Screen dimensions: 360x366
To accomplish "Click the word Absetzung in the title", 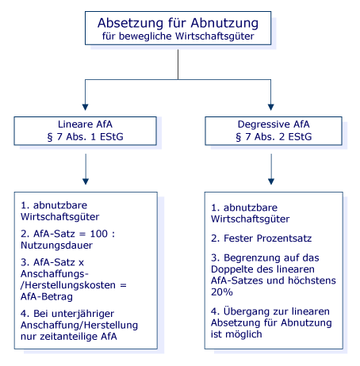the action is coord(130,23).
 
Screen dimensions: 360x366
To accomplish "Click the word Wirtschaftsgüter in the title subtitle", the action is coord(215,36).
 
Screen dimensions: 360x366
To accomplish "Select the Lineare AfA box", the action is coord(85,131).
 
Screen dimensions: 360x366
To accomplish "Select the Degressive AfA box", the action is coord(274,131).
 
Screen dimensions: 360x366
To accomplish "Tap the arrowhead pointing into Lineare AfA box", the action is coord(85,107).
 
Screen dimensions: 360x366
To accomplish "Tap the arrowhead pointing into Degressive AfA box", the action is coord(271,107).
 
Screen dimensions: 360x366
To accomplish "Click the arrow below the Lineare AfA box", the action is coord(86,170).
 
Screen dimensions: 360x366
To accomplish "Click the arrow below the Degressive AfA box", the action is coord(271,170).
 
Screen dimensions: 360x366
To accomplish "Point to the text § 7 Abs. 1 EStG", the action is coord(85,137).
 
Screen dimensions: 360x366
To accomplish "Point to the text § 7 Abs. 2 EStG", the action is coord(274,137).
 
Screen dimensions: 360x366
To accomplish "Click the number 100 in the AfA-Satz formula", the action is coord(99,234).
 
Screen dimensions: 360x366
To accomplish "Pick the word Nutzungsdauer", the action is coord(56,246).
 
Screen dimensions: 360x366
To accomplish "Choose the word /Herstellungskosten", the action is coord(68,285).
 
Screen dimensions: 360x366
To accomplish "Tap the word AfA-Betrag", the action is coord(47,297).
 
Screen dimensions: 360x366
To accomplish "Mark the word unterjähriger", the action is coord(82,314).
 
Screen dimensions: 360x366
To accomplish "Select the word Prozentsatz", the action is coord(284,238).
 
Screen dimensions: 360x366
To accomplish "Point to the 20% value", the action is coord(222,292).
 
